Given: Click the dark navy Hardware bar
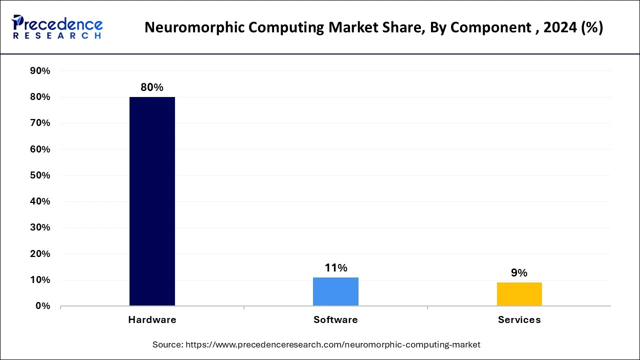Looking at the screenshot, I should pyautogui.click(x=152, y=201).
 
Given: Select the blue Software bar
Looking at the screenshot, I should pyautogui.click(x=335, y=291).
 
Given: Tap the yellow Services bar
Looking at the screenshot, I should pyautogui.click(x=519, y=294).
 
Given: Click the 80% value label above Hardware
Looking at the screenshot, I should pyautogui.click(x=152, y=87).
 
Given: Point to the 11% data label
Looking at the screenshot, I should pyautogui.click(x=335, y=268).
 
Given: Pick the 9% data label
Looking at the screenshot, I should pyautogui.click(x=519, y=273).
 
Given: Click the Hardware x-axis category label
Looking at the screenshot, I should pyautogui.click(x=152, y=320).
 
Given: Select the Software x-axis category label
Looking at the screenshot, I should pyautogui.click(x=335, y=320).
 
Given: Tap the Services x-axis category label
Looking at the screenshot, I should pyautogui.click(x=519, y=320).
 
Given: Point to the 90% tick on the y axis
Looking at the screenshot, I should pyautogui.click(x=40, y=71).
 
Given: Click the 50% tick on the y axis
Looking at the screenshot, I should pyautogui.click(x=40, y=175).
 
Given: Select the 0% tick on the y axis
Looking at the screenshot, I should pyautogui.click(x=42, y=306).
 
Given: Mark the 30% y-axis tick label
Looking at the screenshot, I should pyautogui.click(x=40, y=227).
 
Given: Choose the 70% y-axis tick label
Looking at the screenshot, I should pyautogui.click(x=40, y=123).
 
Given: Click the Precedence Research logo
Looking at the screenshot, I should pyautogui.click(x=57, y=27).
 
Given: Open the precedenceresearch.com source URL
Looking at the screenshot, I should pyautogui.click(x=333, y=344).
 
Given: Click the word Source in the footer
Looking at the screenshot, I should pyautogui.click(x=167, y=344).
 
